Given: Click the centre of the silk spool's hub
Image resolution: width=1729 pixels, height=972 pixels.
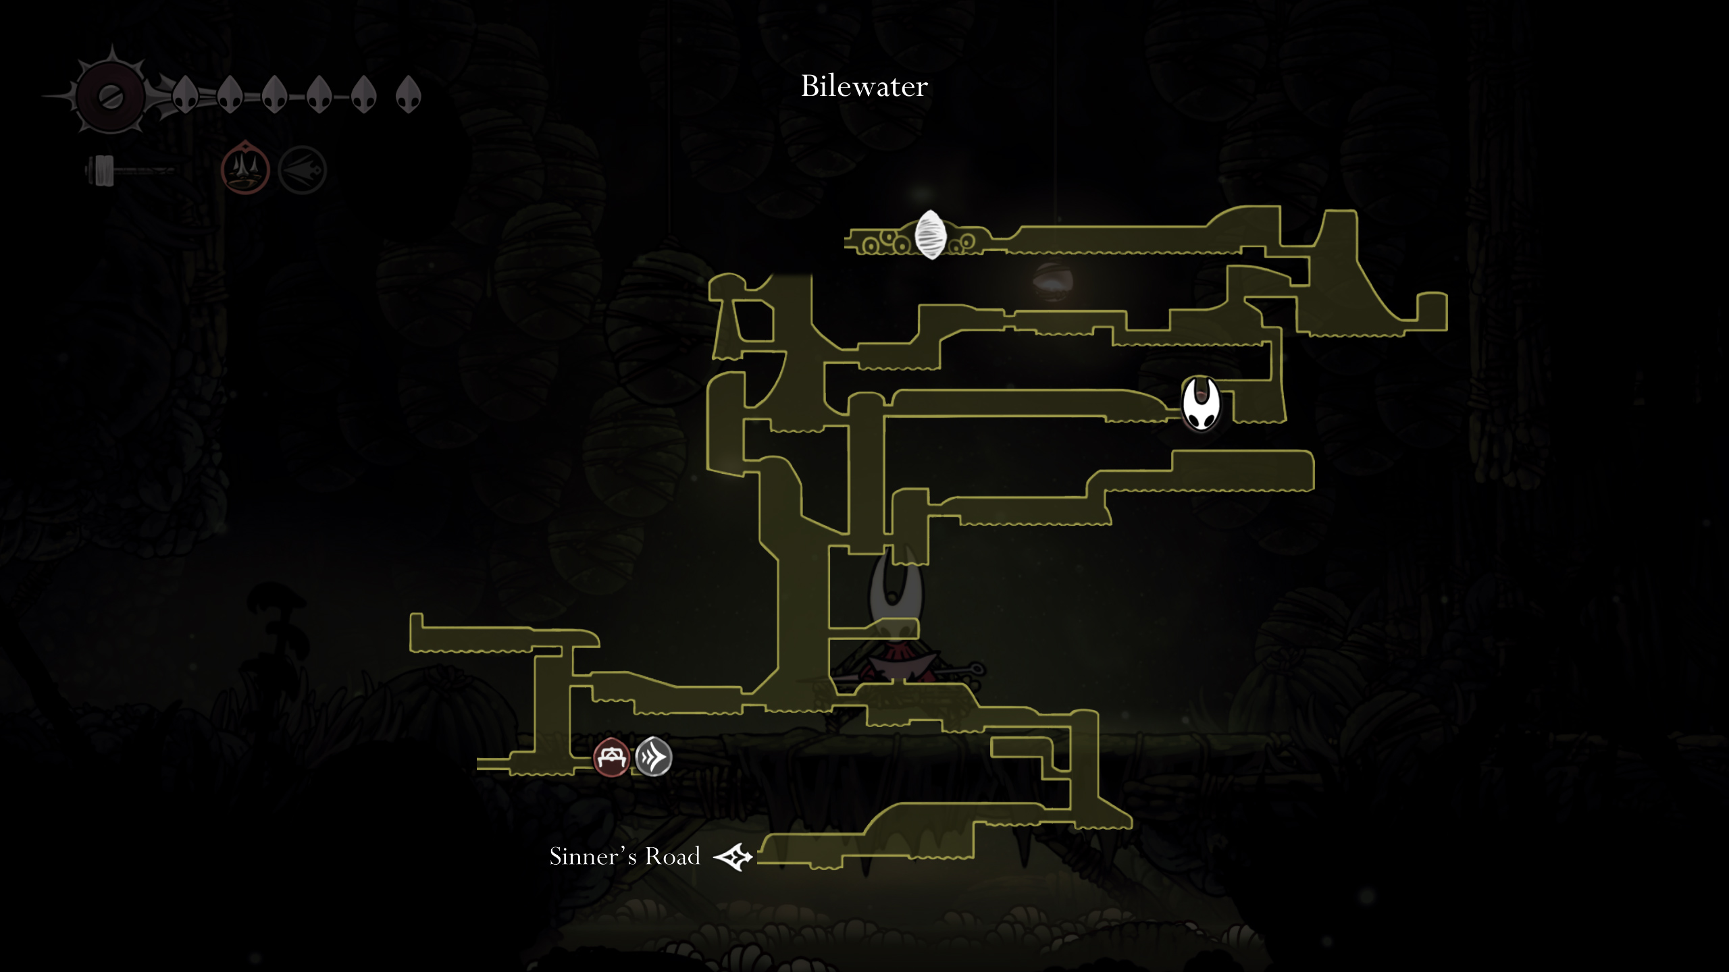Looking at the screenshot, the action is tap(110, 97).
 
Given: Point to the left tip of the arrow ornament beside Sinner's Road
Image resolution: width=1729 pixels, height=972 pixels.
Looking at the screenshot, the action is tap(714, 858).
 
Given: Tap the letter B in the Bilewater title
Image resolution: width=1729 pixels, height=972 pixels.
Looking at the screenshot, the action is tap(810, 86).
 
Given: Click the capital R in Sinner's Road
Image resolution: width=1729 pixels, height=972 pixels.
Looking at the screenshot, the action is tap(653, 857).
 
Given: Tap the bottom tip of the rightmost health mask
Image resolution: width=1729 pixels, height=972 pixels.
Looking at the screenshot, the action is tap(408, 112).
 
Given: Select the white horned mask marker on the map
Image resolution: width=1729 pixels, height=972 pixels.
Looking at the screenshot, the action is tap(1200, 404).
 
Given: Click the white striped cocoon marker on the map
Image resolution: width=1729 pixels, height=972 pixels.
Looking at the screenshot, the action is tap(930, 234).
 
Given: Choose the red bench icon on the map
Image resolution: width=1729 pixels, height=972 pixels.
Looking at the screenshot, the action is tap(611, 757).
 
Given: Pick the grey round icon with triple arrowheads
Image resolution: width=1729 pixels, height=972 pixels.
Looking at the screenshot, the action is tap(653, 757).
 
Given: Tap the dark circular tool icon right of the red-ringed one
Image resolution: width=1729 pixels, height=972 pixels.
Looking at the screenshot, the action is tap(302, 170).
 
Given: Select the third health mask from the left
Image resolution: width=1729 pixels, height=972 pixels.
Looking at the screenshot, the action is tap(274, 94).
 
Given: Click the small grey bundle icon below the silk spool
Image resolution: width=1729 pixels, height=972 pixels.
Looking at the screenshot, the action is tap(101, 170).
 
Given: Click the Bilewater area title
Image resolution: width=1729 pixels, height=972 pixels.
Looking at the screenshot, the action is tap(864, 86).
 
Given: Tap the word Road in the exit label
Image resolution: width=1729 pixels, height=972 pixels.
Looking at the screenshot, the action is tap(673, 857).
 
